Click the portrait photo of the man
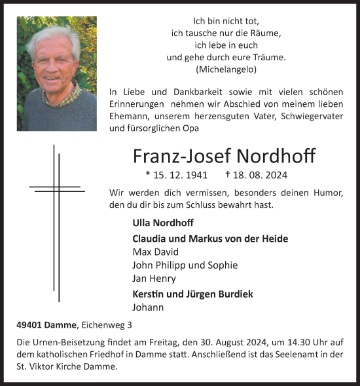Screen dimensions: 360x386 pyautogui.click(x=56, y=73)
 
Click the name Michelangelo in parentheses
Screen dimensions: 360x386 pyautogui.click(x=226, y=69)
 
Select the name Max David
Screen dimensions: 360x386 pyautogui.click(x=155, y=252)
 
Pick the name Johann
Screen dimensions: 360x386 pyautogui.click(x=148, y=307)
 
